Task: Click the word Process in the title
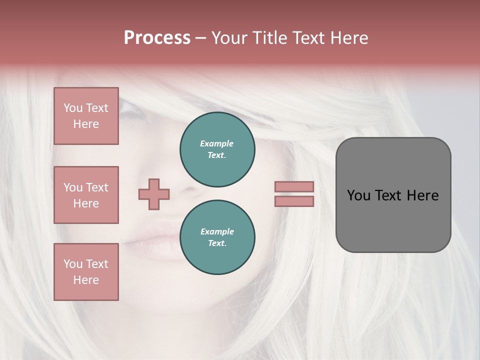157,37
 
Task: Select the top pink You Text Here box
86,116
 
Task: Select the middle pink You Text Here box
86,195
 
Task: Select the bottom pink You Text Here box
86,272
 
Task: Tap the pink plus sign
154,194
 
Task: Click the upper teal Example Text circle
217,149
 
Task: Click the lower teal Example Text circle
217,237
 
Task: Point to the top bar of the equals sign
294,187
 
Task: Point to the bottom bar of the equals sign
294,201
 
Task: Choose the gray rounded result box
393,194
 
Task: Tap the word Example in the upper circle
217,143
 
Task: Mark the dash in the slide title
201,38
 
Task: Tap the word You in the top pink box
73,108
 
